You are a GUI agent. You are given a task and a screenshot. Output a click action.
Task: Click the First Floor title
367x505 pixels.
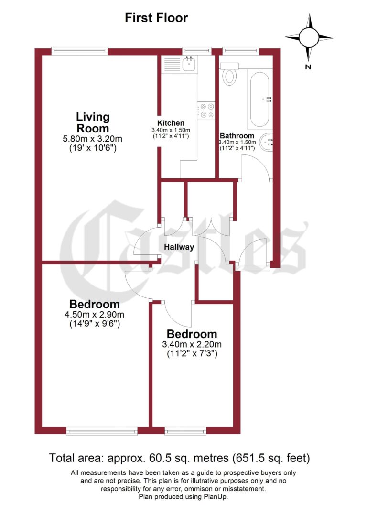(x=156, y=18)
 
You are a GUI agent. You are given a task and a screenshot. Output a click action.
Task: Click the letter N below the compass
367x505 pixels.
(x=309, y=66)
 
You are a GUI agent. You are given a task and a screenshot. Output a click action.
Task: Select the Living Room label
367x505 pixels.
(x=93, y=122)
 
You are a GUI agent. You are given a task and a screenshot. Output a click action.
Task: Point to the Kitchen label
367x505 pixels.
(x=171, y=123)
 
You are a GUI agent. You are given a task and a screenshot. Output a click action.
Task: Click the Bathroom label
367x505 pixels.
(x=237, y=136)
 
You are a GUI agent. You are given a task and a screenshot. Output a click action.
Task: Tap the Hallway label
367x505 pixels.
(x=179, y=247)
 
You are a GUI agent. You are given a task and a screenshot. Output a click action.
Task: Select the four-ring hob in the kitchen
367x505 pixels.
(x=207, y=111)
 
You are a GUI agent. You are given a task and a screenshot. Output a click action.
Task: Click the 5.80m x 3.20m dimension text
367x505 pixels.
(x=93, y=139)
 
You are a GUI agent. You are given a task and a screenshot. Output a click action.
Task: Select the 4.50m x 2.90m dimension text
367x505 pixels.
(x=94, y=315)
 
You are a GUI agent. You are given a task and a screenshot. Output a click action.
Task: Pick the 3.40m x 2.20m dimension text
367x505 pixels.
(x=192, y=344)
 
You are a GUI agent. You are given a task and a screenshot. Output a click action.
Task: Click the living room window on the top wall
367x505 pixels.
(x=79, y=50)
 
